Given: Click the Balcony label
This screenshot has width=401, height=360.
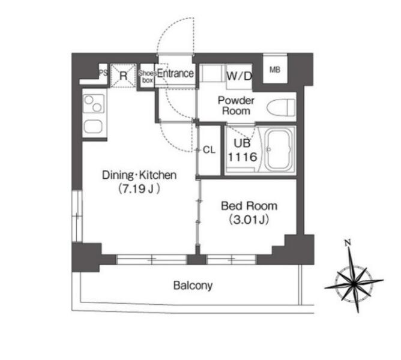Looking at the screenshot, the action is click(x=193, y=286).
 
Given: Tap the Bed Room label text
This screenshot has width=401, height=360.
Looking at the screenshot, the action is click(x=249, y=206).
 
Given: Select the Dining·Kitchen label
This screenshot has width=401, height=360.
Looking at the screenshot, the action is click(x=139, y=175).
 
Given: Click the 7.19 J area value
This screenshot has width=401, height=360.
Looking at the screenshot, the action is click(x=139, y=189).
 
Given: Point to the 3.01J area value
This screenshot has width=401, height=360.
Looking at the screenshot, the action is click(x=249, y=220).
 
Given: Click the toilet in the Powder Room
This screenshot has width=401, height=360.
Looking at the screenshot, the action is click(x=281, y=107).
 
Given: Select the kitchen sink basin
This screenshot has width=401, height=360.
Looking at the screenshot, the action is click(x=93, y=127).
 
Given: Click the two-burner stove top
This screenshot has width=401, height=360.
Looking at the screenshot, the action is click(x=94, y=104).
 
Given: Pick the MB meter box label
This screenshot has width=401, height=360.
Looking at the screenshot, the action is click(x=275, y=70).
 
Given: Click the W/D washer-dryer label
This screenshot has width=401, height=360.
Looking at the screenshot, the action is click(x=240, y=76).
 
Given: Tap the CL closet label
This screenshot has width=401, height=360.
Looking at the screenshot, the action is click(x=209, y=150).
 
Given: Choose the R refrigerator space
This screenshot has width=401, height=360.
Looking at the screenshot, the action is click(x=123, y=76).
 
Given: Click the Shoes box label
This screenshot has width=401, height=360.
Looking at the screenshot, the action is click(x=148, y=76).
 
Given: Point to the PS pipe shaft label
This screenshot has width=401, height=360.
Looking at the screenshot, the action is click(x=103, y=73).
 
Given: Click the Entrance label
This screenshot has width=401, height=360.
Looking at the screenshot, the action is click(x=175, y=74).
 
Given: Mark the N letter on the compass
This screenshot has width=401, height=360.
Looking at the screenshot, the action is click(x=347, y=242).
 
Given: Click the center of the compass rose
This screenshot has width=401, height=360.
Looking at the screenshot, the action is click(x=354, y=284).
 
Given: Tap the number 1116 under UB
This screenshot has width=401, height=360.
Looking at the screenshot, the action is click(x=243, y=157).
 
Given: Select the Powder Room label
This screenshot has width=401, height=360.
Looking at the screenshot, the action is click(x=236, y=106).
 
